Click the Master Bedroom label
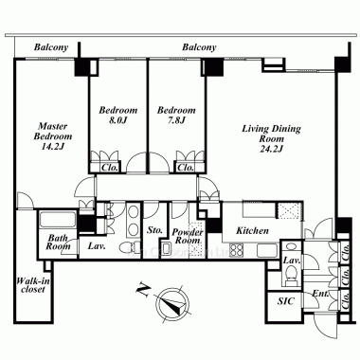point(53,136)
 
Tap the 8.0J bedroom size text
point(117,120)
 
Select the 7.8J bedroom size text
point(176,120)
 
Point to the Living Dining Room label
point(271,138)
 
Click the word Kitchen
point(252,230)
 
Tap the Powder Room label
point(188,236)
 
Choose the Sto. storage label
point(154,230)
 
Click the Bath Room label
point(58,242)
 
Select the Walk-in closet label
point(33,285)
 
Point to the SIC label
point(286,301)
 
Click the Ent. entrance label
point(320,294)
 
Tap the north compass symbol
point(172,303)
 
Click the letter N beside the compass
point(143,290)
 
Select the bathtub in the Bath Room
point(57,220)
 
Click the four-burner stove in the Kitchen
point(236,250)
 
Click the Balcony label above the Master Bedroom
point(51,47)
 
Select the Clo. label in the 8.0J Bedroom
point(110,168)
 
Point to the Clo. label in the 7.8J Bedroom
point(186,168)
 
